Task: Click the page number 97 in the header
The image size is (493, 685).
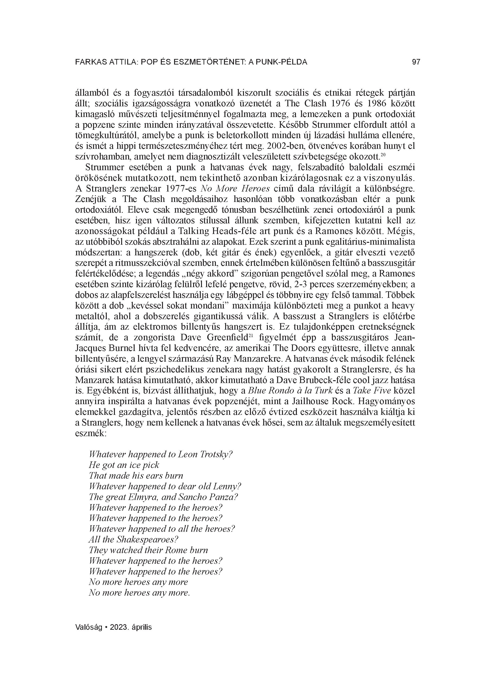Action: tap(416, 62)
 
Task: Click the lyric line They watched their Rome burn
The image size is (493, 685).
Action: tap(148, 550)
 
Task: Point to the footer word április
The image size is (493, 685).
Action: tap(142, 627)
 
